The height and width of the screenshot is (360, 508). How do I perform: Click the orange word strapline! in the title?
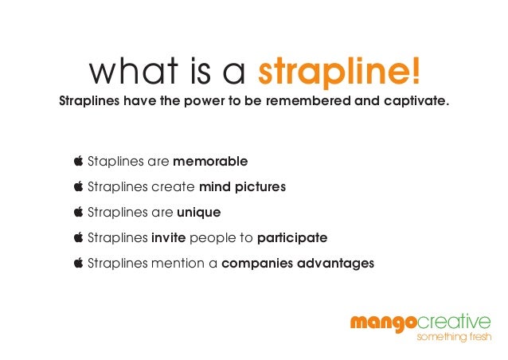point(339,73)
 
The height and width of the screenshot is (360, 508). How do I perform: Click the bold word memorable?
point(210,162)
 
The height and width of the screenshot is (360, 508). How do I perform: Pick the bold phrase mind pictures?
point(242,187)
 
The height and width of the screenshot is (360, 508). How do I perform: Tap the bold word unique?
point(198,213)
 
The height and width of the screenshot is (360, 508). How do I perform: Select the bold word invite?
point(170,237)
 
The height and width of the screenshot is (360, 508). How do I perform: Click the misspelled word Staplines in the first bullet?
point(116,162)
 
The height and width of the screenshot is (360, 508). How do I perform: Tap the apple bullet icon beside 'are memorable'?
point(78,161)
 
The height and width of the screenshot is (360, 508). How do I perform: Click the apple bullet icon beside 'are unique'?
point(78,212)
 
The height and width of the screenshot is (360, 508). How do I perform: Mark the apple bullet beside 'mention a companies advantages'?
point(78,262)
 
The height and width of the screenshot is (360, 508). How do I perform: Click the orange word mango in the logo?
point(383,322)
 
